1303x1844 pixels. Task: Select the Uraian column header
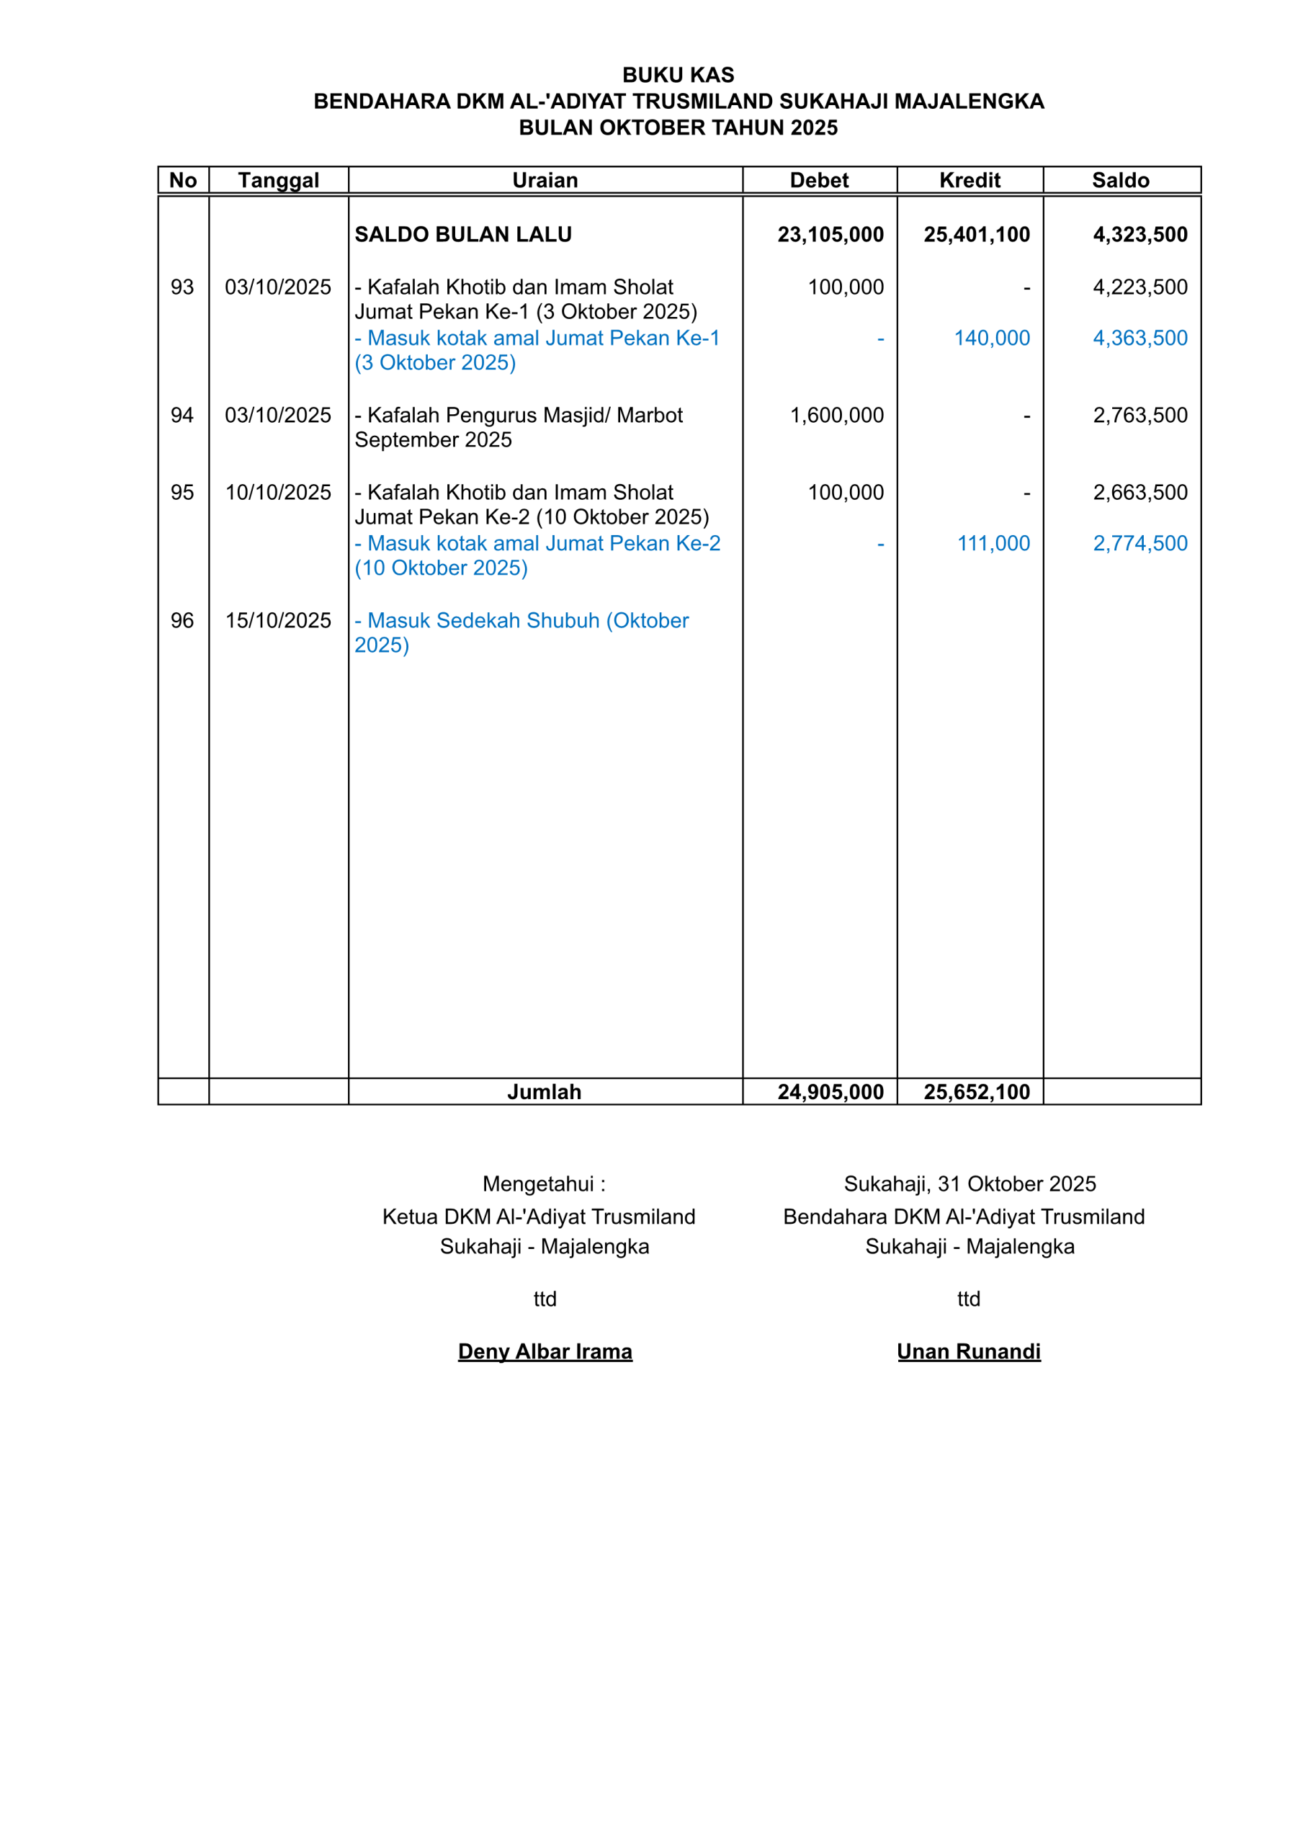point(545,181)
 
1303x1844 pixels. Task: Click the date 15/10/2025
point(278,621)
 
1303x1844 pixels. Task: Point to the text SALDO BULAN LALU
point(464,235)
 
